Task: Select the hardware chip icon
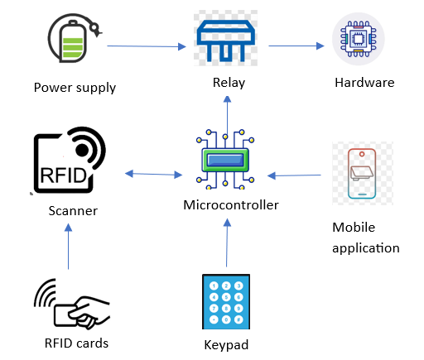coord(358,39)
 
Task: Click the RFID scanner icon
coord(70,160)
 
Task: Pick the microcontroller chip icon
coord(225,160)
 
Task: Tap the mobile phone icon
coord(362,173)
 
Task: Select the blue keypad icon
coord(226,301)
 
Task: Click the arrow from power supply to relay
coord(147,46)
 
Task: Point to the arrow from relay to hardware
coord(296,46)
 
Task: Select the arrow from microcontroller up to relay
coord(227,116)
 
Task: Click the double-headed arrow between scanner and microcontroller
coord(153,174)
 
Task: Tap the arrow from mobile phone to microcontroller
coord(294,175)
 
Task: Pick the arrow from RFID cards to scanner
coord(68,247)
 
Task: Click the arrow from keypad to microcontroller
coord(227,242)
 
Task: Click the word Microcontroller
coord(231,205)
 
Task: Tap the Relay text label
coord(229,83)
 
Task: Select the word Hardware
coord(364,83)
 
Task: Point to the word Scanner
coord(73,211)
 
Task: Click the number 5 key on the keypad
coord(226,297)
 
